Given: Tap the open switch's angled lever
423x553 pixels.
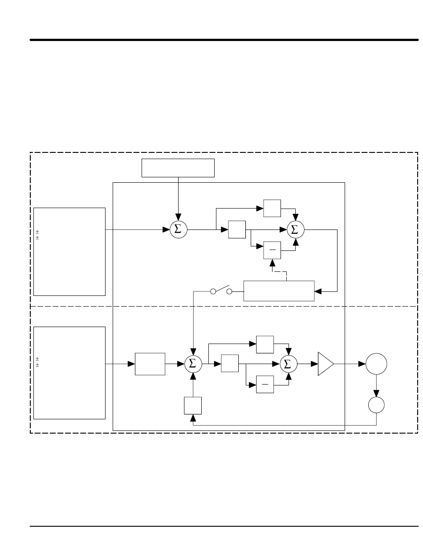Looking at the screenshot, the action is [223, 288].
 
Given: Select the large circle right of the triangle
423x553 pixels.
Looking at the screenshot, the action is [376, 364].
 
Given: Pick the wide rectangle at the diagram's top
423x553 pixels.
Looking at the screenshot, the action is [178, 168].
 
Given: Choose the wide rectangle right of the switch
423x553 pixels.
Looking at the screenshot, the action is [279, 291].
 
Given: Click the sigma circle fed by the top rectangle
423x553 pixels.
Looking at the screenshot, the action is [179, 229].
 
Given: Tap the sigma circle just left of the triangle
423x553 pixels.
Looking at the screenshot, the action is [289, 364].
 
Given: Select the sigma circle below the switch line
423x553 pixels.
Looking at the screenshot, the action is [193, 364].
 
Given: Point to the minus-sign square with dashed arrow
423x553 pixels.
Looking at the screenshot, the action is [272, 250].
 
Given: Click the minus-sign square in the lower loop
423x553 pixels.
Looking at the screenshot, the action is [265, 384].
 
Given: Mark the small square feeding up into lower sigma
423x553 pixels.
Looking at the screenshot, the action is [193, 406].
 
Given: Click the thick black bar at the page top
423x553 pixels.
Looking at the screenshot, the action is [224, 40].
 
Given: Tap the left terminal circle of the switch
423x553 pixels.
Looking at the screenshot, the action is [213, 291].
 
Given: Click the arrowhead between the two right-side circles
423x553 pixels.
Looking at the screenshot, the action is [376, 393].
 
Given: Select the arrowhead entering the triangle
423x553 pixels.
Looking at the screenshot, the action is [314, 364].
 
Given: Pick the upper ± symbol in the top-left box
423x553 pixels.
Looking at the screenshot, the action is [37, 232].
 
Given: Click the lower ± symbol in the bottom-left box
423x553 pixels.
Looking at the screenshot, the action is [37, 365].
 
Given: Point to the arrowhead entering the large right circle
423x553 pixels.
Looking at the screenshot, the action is [362, 364].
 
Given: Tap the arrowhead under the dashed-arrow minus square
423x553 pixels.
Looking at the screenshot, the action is [272, 263].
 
